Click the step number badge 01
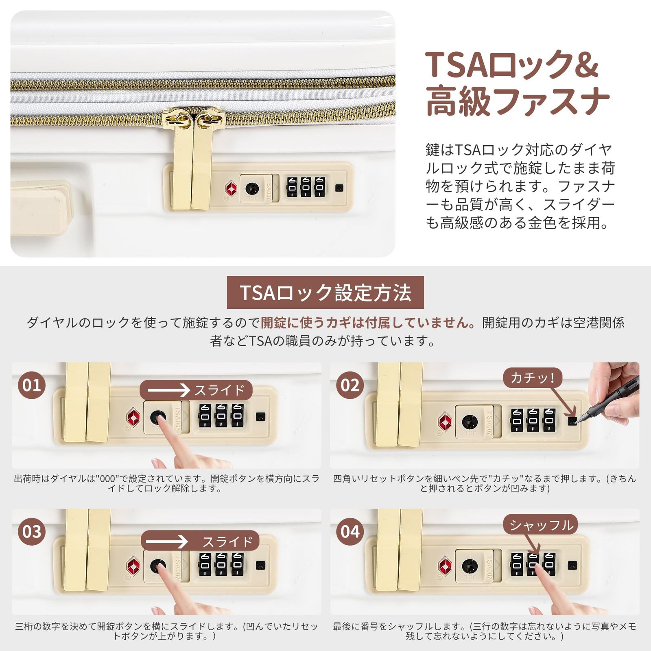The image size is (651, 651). tap(32, 385)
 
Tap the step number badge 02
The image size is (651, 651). tap(350, 385)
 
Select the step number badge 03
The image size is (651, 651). tap(32, 531)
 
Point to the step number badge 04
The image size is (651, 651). tap(350, 531)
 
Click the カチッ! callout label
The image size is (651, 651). tap(532, 378)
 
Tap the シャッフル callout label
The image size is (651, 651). tap(541, 525)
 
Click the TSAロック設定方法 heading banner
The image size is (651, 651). tap(325, 293)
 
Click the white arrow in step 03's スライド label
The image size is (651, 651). tap(167, 542)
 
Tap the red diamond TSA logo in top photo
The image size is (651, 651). tap(231, 188)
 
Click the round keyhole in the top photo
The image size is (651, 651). tap(252, 188)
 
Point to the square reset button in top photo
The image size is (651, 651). tap(339, 188)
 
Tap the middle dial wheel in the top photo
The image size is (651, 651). tap(306, 187)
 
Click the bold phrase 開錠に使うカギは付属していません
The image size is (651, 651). tap(367, 323)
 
